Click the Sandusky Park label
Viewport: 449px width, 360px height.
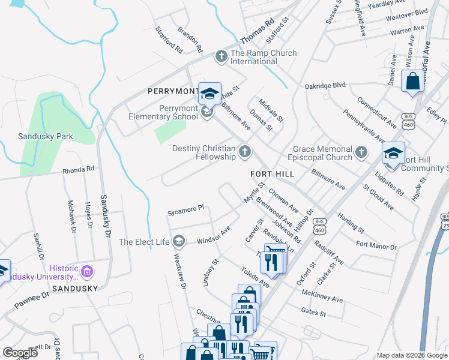46,136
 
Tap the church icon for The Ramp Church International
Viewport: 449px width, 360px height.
221,57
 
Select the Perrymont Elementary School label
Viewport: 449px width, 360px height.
162,112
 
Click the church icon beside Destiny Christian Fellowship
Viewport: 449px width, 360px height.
244,152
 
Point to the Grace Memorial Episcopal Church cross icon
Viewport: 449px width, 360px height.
361,152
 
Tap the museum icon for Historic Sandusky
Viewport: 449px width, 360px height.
88,272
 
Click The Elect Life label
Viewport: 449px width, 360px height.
145,242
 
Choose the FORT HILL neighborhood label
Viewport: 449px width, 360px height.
272,173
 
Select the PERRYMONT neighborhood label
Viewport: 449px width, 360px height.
173,91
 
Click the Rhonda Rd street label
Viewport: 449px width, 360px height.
79,170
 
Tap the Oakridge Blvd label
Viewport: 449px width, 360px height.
325,85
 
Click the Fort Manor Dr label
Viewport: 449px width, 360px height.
376,245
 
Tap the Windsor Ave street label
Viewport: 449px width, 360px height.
214,235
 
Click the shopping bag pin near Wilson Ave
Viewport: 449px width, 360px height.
413,82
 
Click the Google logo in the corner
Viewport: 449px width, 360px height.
20,352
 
